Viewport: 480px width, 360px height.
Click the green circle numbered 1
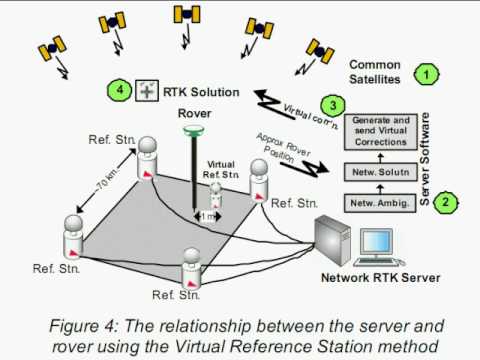(x=426, y=75)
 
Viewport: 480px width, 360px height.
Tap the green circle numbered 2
(x=445, y=202)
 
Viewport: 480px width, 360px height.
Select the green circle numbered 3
(x=333, y=106)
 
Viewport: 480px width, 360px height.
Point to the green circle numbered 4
(x=120, y=90)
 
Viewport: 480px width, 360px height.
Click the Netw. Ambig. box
(x=380, y=203)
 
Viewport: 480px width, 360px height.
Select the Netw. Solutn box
(x=380, y=172)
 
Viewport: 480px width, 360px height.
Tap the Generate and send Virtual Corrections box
(x=380, y=131)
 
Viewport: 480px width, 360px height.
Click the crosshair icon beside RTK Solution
(x=147, y=90)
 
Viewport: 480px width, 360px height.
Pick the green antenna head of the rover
(x=194, y=130)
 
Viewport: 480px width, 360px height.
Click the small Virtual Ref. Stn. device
(x=216, y=195)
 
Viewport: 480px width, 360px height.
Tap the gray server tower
(x=333, y=240)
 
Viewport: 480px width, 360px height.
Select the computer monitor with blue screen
(x=377, y=242)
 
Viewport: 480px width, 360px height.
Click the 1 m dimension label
(x=207, y=216)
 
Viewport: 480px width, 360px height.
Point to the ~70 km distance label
(x=107, y=181)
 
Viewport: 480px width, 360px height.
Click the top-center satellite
(x=187, y=14)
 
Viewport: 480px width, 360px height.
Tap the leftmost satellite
(x=52, y=48)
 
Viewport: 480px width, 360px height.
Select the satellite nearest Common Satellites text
(x=320, y=51)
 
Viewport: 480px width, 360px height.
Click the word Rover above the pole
(x=194, y=113)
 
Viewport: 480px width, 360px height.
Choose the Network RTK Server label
(x=381, y=278)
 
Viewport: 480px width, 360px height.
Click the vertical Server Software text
(x=424, y=159)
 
